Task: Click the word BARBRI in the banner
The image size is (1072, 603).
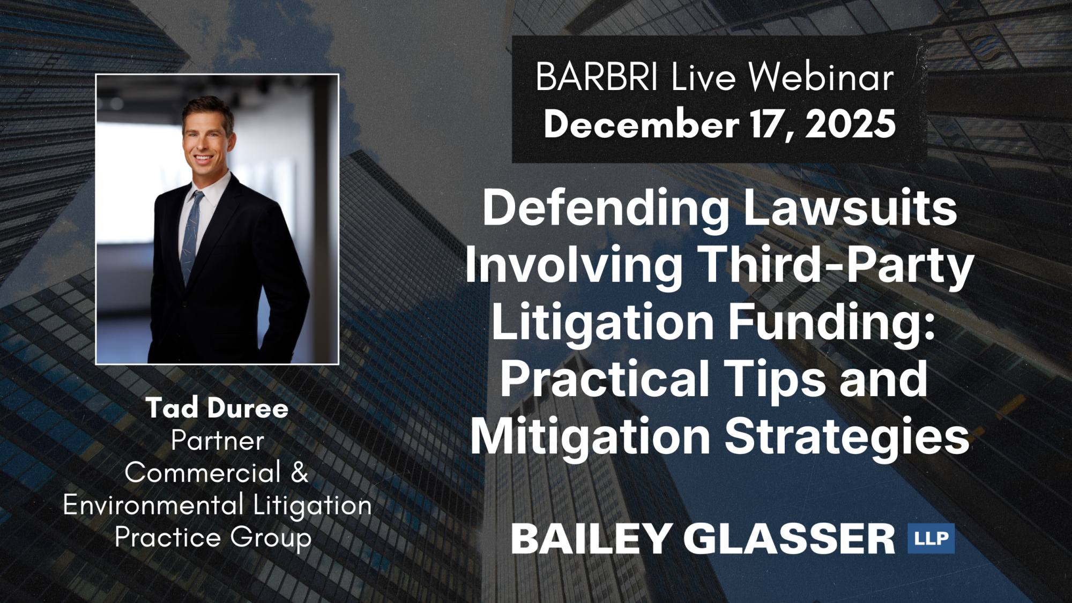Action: [x=597, y=77]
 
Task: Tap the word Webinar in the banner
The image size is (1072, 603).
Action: [x=821, y=77]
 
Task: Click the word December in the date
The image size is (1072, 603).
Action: [x=642, y=124]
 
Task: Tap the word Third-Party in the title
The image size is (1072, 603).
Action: [x=837, y=266]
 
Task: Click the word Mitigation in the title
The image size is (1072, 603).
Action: [x=591, y=437]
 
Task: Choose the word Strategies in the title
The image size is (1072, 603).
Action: [x=847, y=437]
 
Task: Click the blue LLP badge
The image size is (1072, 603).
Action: [x=931, y=538]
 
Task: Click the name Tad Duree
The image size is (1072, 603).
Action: [x=217, y=408]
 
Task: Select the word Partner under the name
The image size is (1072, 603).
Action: [x=218, y=442]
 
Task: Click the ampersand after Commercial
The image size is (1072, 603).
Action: [x=300, y=473]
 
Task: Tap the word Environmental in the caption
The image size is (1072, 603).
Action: [x=153, y=505]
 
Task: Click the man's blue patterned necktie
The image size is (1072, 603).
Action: [x=192, y=236]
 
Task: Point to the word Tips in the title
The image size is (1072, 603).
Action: [x=777, y=379]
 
